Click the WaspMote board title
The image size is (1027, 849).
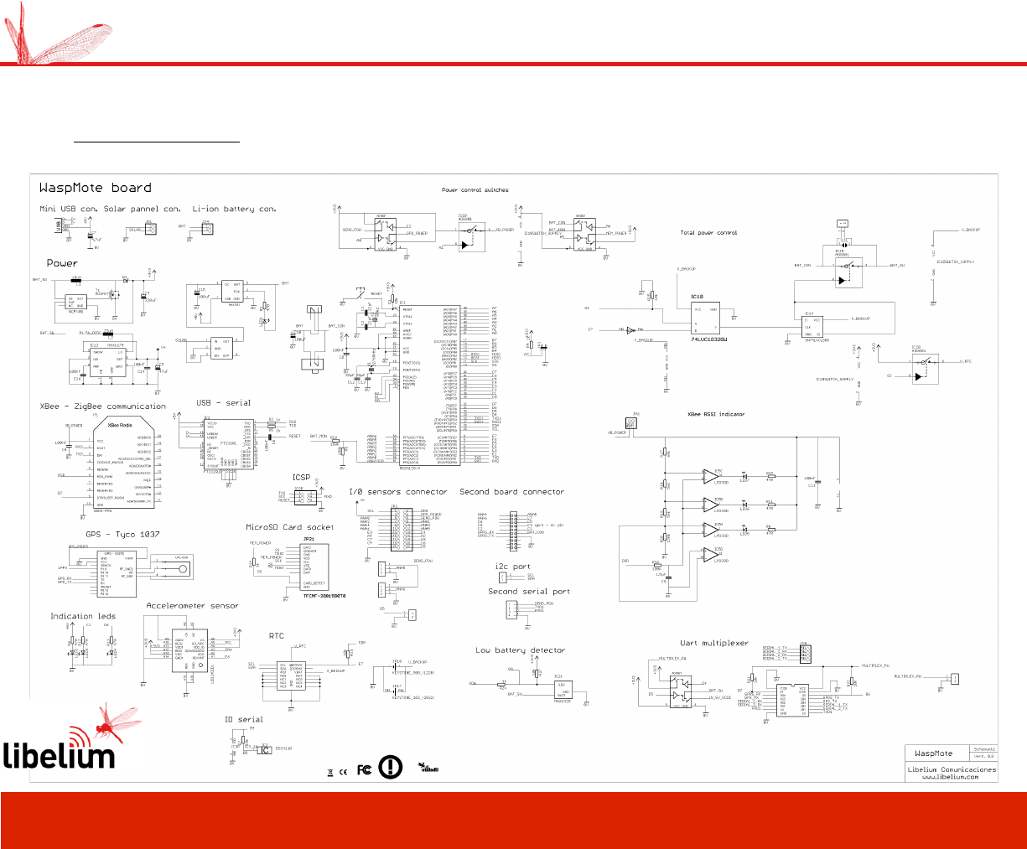pyautogui.click(x=96, y=188)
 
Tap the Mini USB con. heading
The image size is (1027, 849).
pyautogui.click(x=68, y=209)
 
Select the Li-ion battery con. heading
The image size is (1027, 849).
pyautogui.click(x=234, y=209)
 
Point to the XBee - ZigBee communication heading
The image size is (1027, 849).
pyautogui.click(x=103, y=406)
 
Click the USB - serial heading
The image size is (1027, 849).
pyautogui.click(x=223, y=403)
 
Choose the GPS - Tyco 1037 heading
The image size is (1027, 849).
pyautogui.click(x=122, y=534)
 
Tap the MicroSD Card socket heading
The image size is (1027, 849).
pyautogui.click(x=289, y=527)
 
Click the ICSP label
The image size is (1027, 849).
pyautogui.click(x=301, y=478)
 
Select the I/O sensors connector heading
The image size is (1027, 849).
pyautogui.click(x=398, y=492)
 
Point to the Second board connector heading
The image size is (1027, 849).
pyautogui.click(x=511, y=492)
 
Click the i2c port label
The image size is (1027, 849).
pyautogui.click(x=512, y=567)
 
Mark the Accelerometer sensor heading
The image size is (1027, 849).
pyautogui.click(x=192, y=605)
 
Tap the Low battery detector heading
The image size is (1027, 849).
pyautogui.click(x=520, y=650)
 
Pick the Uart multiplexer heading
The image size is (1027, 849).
pyautogui.click(x=713, y=644)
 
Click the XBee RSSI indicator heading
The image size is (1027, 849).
pyautogui.click(x=715, y=414)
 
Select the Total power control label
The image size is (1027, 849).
pyautogui.click(x=708, y=233)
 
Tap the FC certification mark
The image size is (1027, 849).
pyautogui.click(x=364, y=769)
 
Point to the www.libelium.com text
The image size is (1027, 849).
pyautogui.click(x=950, y=777)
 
